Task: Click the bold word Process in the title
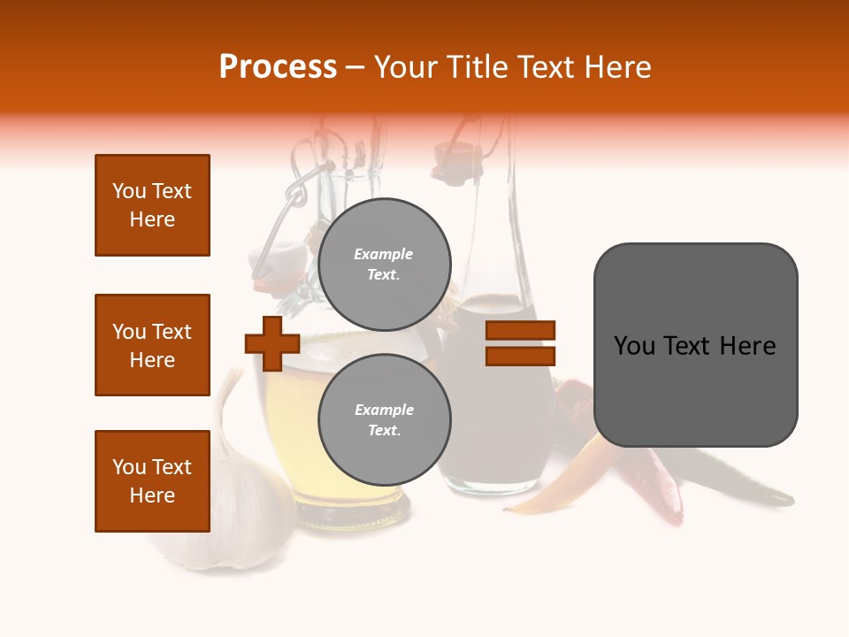pyautogui.click(x=278, y=67)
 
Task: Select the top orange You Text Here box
pyautogui.click(x=152, y=205)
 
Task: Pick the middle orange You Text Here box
pyautogui.click(x=152, y=345)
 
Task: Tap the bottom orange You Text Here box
pyautogui.click(x=152, y=481)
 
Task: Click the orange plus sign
pyautogui.click(x=272, y=343)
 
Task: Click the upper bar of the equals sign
pyautogui.click(x=520, y=331)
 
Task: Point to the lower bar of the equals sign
pyautogui.click(x=520, y=356)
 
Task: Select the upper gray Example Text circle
pyautogui.click(x=384, y=264)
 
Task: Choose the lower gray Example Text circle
pyautogui.click(x=384, y=419)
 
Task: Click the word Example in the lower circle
pyautogui.click(x=384, y=410)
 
